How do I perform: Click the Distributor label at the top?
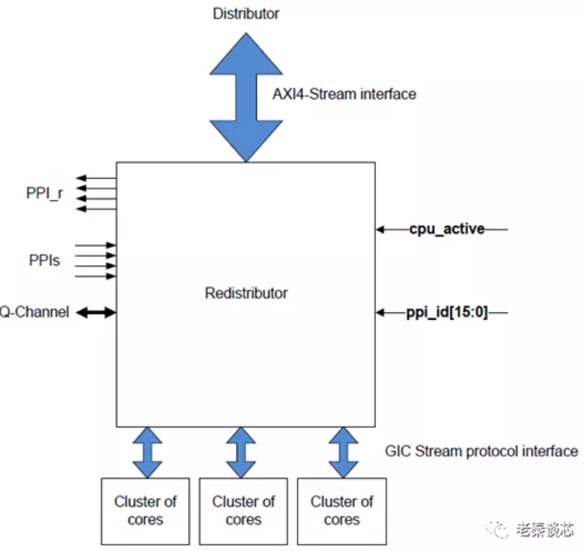[x=245, y=13]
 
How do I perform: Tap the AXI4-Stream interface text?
[x=344, y=94]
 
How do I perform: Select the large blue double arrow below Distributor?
[x=245, y=97]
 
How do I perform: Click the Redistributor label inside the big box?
[x=245, y=294]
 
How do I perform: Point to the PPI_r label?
[x=44, y=193]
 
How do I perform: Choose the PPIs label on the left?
[x=45, y=261]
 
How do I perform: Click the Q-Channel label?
[x=34, y=312]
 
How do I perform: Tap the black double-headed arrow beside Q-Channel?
[x=96, y=312]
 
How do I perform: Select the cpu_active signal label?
[x=447, y=229]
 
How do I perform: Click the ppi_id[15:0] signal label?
[x=447, y=313]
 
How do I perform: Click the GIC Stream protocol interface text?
[x=481, y=451]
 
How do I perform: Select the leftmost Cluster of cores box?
[x=145, y=510]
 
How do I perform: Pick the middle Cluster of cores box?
[x=243, y=510]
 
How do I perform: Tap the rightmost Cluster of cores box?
[x=342, y=510]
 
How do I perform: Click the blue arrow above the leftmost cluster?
[x=146, y=452]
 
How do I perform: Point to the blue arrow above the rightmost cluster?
[x=343, y=452]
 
